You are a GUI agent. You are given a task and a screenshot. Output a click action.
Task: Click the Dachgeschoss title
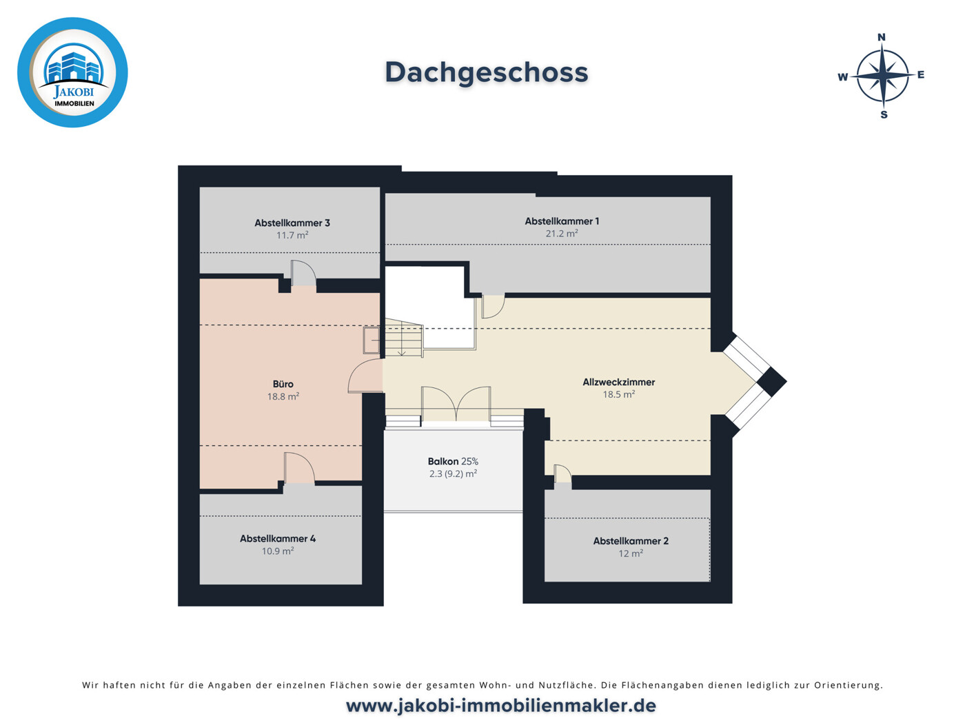(486, 72)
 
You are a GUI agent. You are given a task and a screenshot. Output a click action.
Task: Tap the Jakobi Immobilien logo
(72, 72)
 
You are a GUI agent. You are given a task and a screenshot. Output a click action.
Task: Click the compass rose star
(882, 75)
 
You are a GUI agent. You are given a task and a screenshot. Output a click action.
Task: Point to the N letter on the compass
(881, 37)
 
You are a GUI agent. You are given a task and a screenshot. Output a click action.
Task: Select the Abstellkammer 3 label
(292, 223)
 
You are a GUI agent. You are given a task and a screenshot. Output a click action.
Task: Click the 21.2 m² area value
(562, 234)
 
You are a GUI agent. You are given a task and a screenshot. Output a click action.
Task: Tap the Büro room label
(283, 384)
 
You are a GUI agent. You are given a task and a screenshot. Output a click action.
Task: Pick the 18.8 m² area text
(283, 396)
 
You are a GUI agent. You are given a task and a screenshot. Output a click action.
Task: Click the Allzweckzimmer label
(619, 382)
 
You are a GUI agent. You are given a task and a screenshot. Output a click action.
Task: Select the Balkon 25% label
(453, 461)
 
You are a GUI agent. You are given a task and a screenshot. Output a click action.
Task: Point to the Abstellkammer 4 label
(278, 538)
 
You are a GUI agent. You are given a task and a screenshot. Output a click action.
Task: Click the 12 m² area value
(631, 553)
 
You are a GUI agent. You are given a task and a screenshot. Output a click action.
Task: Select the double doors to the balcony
(456, 405)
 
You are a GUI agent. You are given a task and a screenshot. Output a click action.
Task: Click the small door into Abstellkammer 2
(562, 476)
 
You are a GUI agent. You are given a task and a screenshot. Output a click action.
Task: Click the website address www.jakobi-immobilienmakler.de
(500, 706)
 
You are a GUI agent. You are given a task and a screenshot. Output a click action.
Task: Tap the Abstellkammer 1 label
(562, 221)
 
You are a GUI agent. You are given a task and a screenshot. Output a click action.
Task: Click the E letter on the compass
(921, 74)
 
